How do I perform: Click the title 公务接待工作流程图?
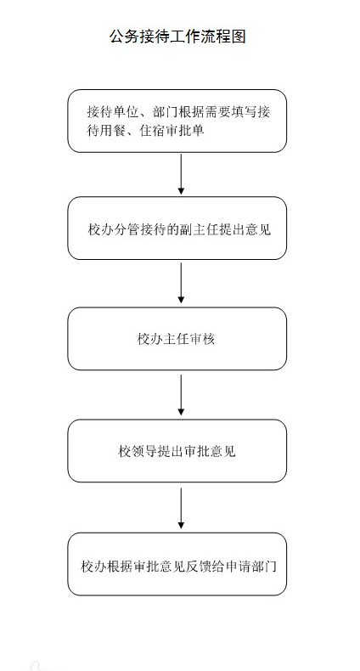[x=177, y=37]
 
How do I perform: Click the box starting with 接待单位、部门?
[x=177, y=121]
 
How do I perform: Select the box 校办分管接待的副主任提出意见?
[x=177, y=228]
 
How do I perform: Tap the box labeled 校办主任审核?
[x=177, y=339]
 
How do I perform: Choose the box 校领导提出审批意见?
[x=177, y=451]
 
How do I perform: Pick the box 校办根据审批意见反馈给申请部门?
[x=177, y=564]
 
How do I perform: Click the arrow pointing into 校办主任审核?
[x=181, y=283]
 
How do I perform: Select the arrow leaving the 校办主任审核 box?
[x=181, y=395]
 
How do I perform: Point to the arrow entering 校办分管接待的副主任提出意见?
[x=181, y=174]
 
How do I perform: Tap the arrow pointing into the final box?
[x=181, y=509]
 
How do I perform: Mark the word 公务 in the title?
[x=123, y=37]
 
